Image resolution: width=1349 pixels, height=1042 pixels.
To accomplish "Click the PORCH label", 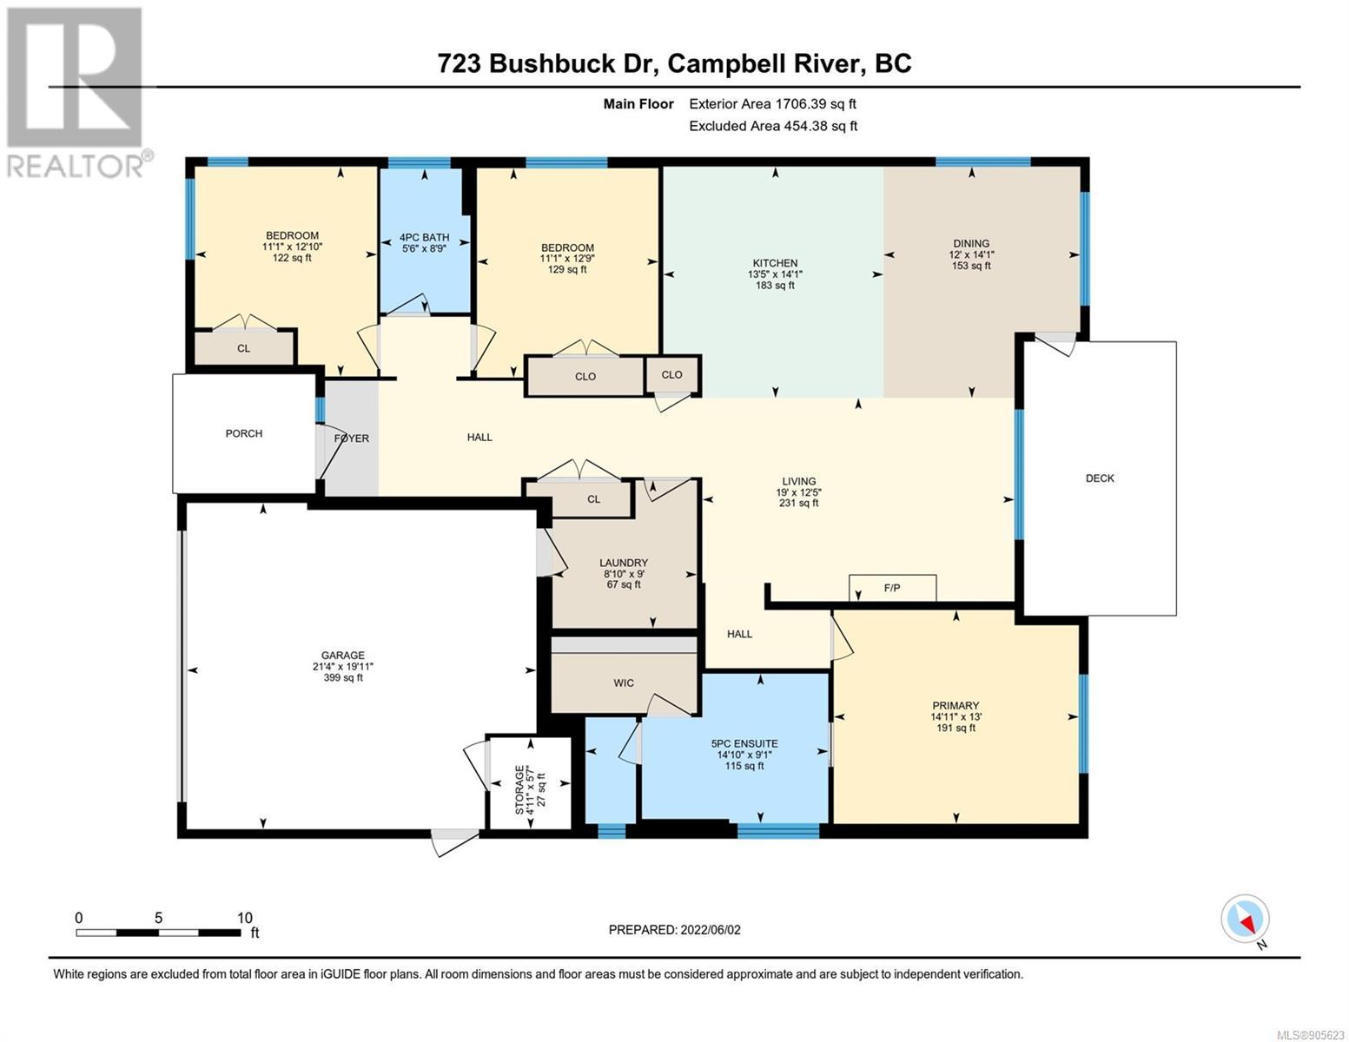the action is click(x=243, y=433).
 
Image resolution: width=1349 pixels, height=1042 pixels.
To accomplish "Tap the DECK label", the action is click(x=1100, y=478).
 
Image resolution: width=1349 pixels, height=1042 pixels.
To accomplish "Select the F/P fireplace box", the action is click(x=892, y=588).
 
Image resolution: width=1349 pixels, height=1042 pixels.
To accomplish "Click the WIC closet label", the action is click(x=624, y=683).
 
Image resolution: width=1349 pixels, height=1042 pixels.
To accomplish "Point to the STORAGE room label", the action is click(x=519, y=788).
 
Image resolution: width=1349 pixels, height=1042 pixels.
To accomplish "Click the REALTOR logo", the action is click(x=78, y=93).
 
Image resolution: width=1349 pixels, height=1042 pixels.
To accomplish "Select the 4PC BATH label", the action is click(x=424, y=237).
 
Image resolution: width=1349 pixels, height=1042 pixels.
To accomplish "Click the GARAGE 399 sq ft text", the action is click(x=343, y=677).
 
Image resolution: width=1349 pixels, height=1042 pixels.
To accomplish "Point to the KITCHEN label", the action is click(x=775, y=263).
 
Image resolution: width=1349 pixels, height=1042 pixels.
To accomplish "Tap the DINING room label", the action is click(x=971, y=243).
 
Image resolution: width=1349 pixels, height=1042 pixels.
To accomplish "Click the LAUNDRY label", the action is click(x=624, y=563).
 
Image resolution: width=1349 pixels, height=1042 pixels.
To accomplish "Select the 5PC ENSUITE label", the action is click(x=744, y=743).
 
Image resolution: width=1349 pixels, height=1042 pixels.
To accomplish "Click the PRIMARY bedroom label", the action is click(x=956, y=706).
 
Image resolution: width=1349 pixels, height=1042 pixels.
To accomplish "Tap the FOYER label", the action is click(x=352, y=439).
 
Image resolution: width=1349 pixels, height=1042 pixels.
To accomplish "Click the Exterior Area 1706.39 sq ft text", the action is click(x=772, y=103).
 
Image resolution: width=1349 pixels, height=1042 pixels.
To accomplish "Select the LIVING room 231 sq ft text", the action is click(x=798, y=504).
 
